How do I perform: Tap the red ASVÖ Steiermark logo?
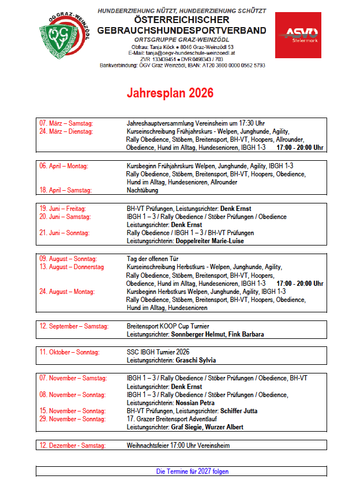298,35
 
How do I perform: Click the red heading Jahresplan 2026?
170,93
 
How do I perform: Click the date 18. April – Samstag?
66,190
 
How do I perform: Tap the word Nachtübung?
142,190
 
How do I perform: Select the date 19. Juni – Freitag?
62,208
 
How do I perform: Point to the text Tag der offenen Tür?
150,259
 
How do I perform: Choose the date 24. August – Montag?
67,292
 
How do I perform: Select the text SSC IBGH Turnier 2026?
158,352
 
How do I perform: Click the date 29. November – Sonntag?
73,419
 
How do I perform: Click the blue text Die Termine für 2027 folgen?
192,471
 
